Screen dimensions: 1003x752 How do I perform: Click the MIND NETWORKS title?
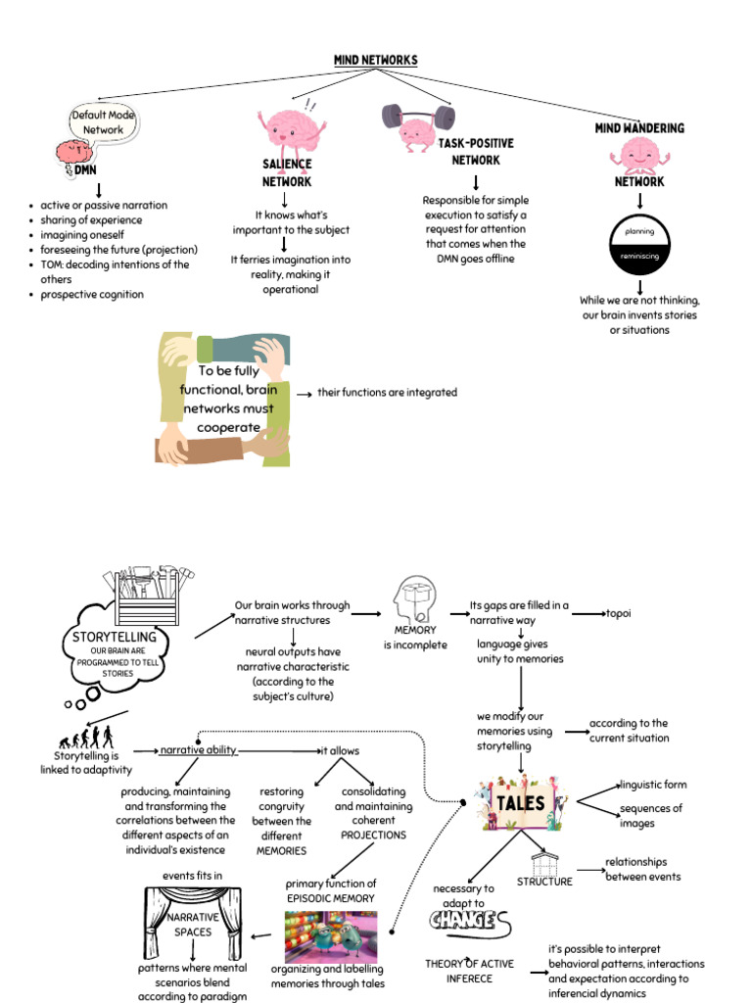point(375,61)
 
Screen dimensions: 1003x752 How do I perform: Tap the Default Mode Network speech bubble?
point(103,122)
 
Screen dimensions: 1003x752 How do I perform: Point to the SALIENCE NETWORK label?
point(286,173)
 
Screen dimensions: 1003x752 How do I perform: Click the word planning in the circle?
point(639,232)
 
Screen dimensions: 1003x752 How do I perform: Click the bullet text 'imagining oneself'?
point(82,235)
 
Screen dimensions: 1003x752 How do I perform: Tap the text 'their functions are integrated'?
point(387,393)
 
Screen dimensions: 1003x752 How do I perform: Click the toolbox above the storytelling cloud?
point(147,595)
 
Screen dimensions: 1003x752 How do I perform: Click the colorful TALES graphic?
point(519,802)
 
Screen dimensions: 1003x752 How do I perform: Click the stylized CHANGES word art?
point(470,922)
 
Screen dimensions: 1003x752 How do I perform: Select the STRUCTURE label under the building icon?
point(544,882)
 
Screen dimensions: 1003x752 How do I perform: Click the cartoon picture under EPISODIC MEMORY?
point(330,936)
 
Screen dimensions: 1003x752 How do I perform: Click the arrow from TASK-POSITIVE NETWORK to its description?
point(476,182)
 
